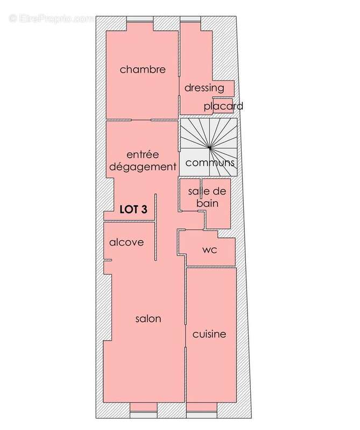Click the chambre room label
point(142,69)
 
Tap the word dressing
point(204,88)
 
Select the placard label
point(223,106)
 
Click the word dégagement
point(143,167)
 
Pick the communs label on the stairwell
point(209,162)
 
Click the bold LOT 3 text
point(133,210)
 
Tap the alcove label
point(126,242)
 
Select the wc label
point(209,250)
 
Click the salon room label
point(148,319)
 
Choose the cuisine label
point(209,334)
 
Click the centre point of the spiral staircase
point(209,147)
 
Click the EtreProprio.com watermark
point(51,18)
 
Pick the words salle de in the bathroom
point(207,192)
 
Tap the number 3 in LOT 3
point(144,210)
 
